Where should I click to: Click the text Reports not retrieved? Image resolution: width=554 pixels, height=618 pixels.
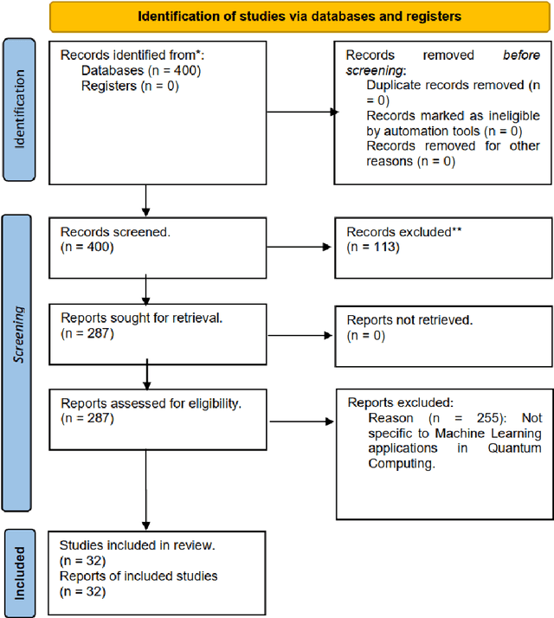(410, 319)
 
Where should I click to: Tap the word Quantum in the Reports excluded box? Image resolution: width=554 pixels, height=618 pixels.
(516, 448)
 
